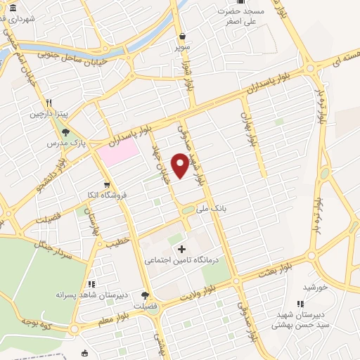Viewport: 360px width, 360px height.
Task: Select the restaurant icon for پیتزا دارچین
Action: coord(49,103)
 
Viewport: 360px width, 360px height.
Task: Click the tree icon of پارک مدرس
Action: coord(66,131)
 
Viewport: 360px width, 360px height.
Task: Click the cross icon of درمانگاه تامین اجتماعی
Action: coord(182,249)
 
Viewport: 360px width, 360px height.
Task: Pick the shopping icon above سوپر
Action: coord(183,37)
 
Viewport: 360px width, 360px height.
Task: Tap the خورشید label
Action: coord(316,287)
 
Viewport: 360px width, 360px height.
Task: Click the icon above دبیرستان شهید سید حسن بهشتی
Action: coord(301,304)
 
